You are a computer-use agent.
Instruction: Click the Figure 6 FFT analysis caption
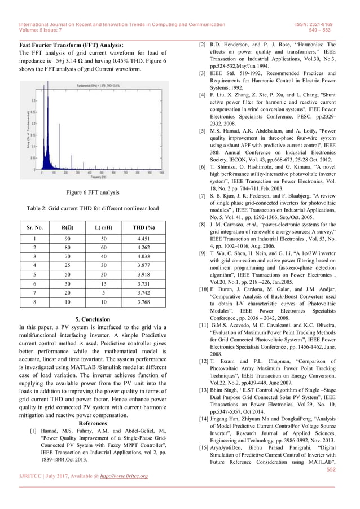coord(93,193)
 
